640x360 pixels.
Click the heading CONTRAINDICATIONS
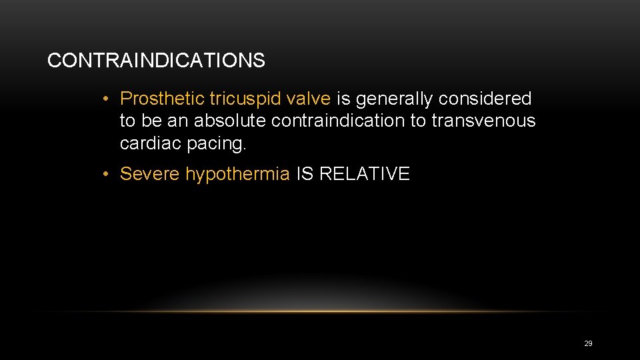click(x=156, y=61)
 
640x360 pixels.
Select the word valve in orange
click(x=309, y=99)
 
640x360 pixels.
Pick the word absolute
click(x=227, y=121)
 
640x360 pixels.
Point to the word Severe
click(x=150, y=175)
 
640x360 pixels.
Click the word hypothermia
click(x=237, y=175)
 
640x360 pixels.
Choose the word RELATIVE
click(x=365, y=175)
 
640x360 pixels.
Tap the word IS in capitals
click(x=305, y=175)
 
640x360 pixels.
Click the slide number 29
click(x=588, y=343)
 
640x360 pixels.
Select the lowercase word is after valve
click(x=343, y=99)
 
